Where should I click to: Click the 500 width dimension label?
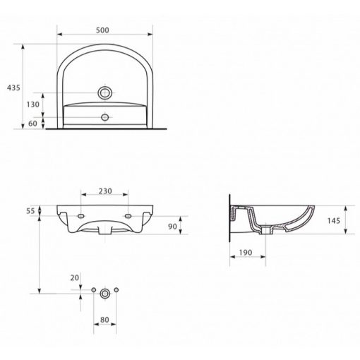click(x=102, y=30)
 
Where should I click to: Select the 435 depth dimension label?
click(x=13, y=88)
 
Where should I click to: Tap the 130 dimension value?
click(x=33, y=104)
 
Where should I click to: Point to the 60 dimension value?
click(x=32, y=124)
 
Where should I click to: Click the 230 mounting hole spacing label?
click(x=105, y=191)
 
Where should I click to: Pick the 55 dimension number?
click(x=30, y=211)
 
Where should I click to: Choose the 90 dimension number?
click(x=172, y=227)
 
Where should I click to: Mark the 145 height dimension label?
click(x=334, y=221)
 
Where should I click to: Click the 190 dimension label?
click(x=246, y=253)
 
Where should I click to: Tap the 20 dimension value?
click(x=75, y=278)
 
